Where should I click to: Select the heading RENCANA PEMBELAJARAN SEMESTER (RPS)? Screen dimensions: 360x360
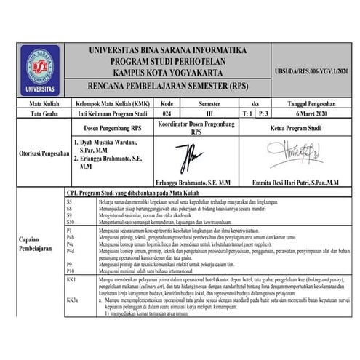167,85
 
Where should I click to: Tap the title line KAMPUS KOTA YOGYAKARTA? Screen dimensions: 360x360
167,72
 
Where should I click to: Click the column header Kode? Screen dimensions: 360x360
167,104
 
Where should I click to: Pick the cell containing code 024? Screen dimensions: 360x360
167,114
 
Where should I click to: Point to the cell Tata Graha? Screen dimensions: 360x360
33,114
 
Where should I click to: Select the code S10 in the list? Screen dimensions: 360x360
69,220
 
